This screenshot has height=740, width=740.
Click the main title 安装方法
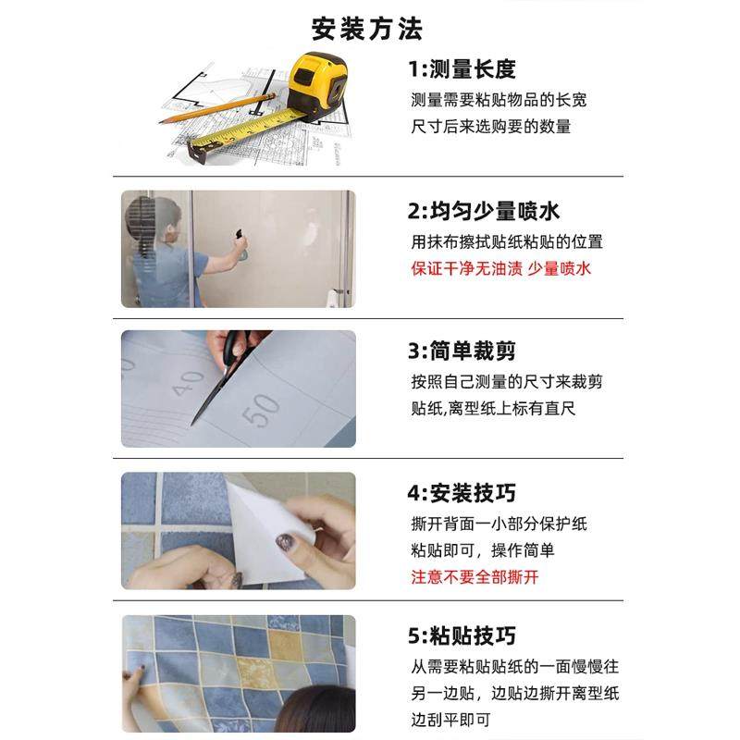tap(367, 28)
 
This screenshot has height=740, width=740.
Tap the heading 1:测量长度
tap(462, 69)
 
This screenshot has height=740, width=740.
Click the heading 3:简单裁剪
tap(462, 351)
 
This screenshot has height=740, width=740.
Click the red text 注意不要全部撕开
tap(475, 577)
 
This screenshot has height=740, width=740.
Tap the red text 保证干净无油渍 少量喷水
tap(500, 269)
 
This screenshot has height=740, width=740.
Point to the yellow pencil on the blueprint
tap(231, 103)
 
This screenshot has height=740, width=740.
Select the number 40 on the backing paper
tap(188, 382)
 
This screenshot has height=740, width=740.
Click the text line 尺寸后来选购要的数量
tap(490, 127)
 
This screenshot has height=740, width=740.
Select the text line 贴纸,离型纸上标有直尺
tap(493, 408)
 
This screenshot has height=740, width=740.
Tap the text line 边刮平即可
tap(450, 719)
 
